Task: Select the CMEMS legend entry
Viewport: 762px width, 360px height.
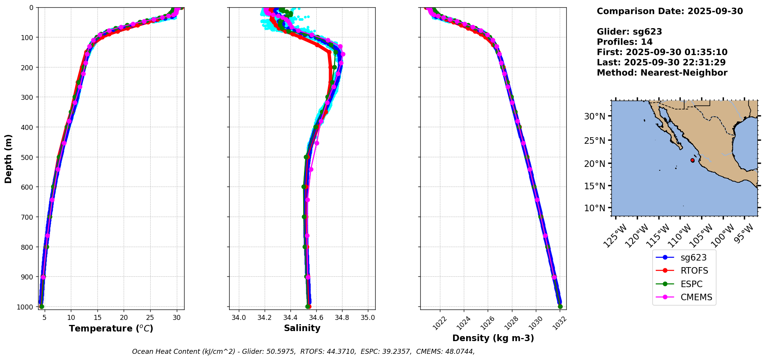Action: [696, 298]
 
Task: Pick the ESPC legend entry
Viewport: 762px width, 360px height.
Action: [692, 284]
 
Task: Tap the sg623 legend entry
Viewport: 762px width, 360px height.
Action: [693, 258]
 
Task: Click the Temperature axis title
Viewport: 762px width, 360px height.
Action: [111, 328]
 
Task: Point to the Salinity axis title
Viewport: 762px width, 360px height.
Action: [302, 328]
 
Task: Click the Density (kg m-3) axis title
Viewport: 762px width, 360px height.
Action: [493, 338]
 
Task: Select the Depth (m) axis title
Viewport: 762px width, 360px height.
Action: [8, 158]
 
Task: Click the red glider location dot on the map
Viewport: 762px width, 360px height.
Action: [692, 160]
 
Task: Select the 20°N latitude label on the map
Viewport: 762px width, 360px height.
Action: [594, 163]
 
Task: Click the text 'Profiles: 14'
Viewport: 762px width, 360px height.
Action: [624, 42]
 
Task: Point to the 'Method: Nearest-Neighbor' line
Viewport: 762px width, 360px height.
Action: [662, 73]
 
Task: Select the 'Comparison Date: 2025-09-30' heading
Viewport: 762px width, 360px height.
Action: [670, 11]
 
